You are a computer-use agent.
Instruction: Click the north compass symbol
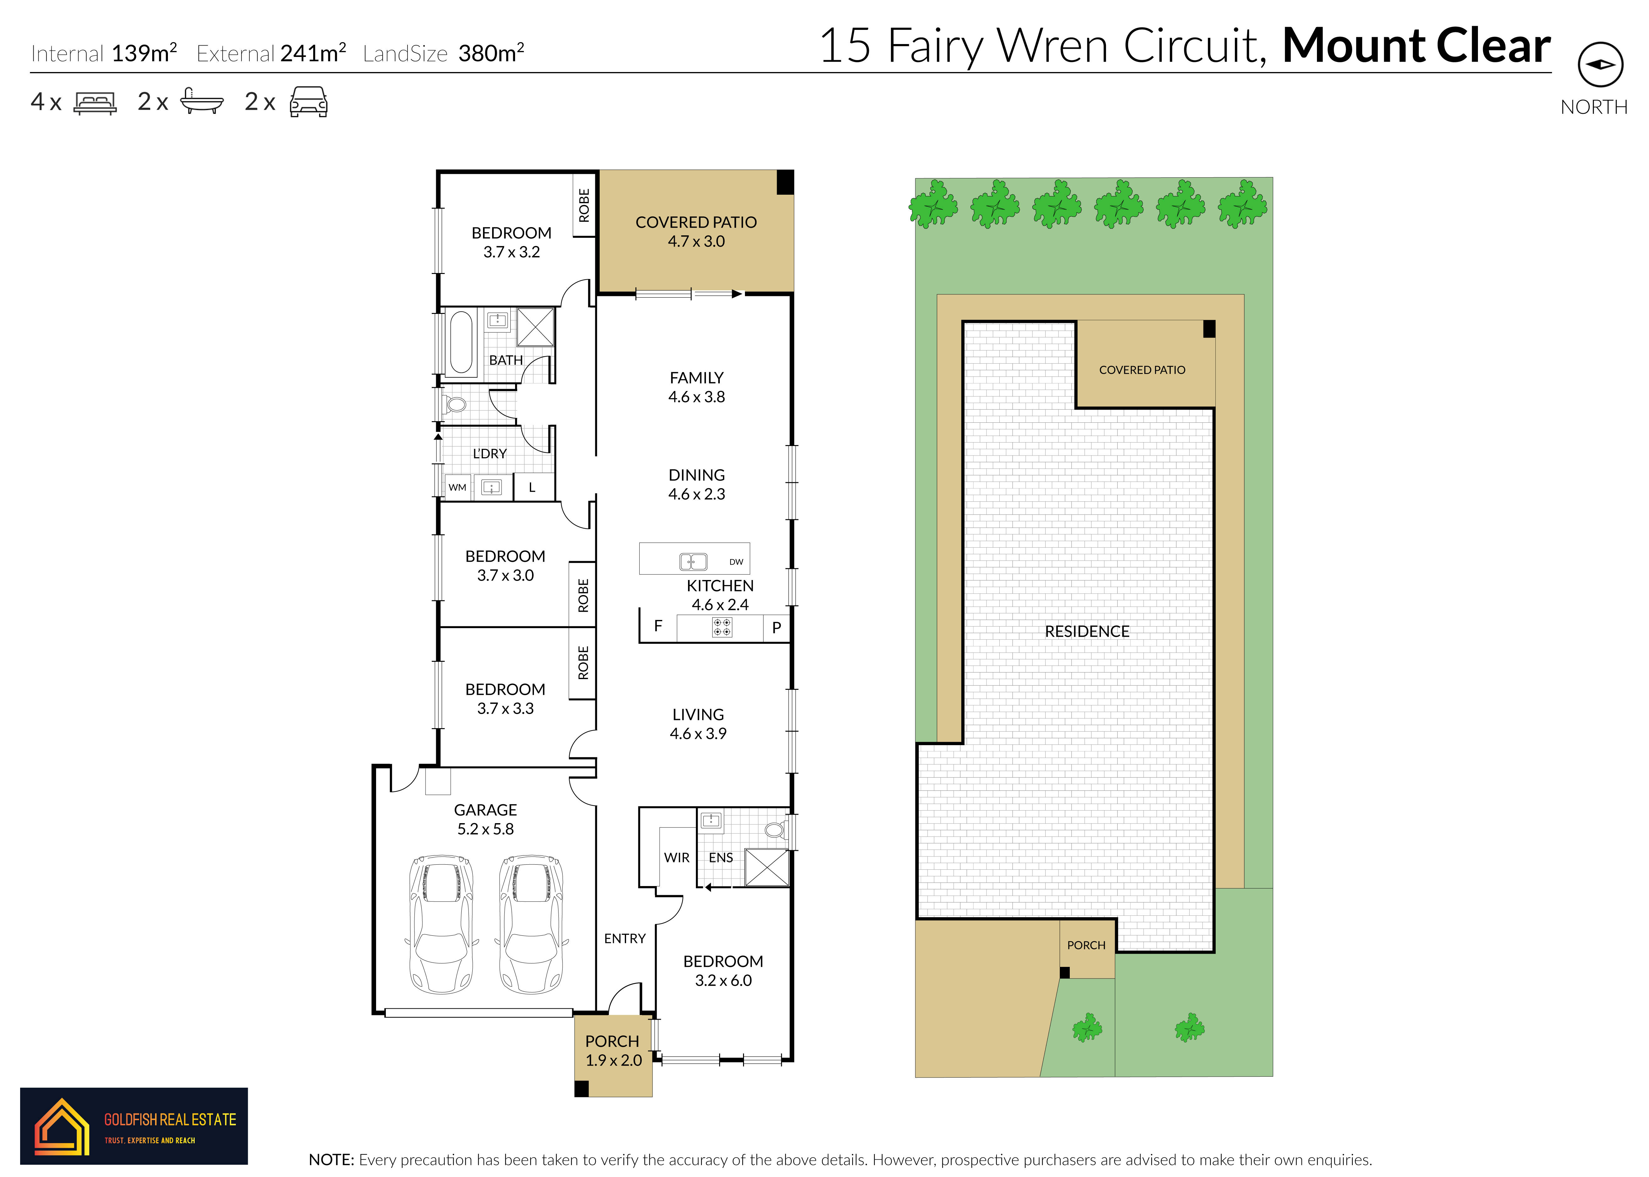[x=1601, y=64]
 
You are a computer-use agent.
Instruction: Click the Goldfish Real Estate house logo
[x=62, y=1125]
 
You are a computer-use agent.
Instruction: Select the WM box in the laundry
[x=457, y=487]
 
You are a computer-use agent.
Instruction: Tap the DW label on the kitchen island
[x=736, y=562]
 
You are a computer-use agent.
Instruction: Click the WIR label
[x=677, y=857]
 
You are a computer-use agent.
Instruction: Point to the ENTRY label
[x=625, y=939]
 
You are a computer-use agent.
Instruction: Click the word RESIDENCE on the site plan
[x=1087, y=631]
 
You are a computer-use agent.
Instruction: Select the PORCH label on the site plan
[x=1086, y=945]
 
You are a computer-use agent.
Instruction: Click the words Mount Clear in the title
[x=1416, y=46]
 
